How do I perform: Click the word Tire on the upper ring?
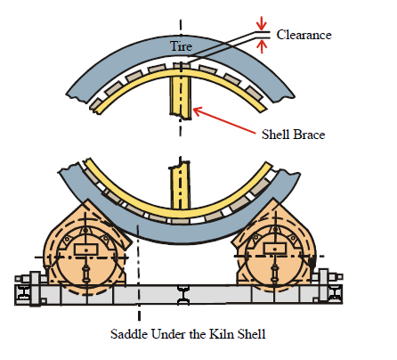pos(181,46)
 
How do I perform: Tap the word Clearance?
pos(304,35)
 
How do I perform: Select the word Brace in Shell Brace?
pos(309,135)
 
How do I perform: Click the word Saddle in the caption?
pos(129,334)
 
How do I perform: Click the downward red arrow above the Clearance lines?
pos(262,23)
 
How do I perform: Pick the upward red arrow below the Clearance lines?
pos(262,46)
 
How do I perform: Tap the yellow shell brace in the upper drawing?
pos(181,96)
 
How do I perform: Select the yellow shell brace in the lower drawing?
pos(180,185)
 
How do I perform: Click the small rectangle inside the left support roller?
pos(86,249)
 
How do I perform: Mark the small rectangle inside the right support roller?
pos(275,249)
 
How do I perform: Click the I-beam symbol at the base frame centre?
pos(183,294)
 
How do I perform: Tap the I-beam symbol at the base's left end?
pos(23,294)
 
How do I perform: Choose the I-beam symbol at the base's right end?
pos(336,294)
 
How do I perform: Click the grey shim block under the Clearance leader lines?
pos(182,65)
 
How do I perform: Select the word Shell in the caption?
pos(252,334)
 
